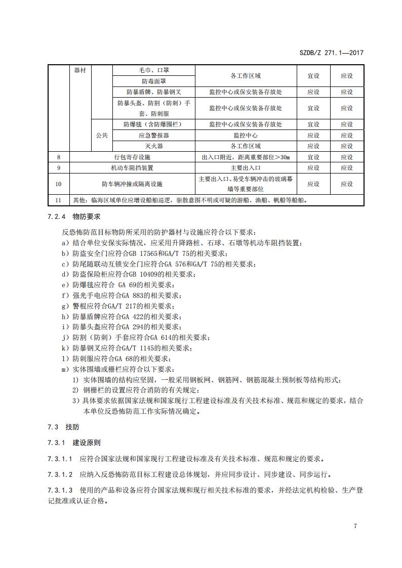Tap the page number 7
tap(355, 526)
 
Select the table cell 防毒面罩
tap(154, 81)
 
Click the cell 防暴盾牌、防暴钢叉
tap(154, 92)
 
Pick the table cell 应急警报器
tap(154, 136)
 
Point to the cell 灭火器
tap(154, 146)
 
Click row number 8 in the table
tap(59, 157)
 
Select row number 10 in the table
tap(59, 184)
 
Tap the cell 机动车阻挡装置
tap(132, 168)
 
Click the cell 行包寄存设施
tap(132, 157)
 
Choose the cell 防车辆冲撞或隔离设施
tap(132, 184)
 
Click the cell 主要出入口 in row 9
tap(245, 168)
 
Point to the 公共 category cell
tap(102, 136)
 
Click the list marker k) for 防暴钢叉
tap(64, 348)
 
